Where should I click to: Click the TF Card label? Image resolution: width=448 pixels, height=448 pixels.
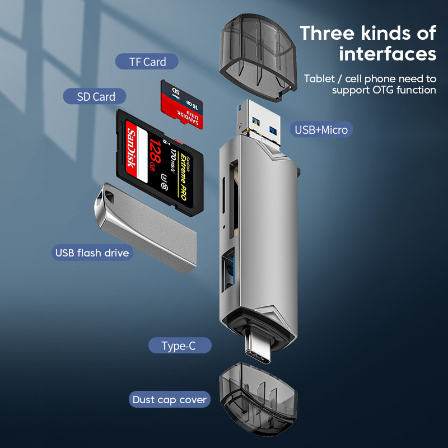(147, 62)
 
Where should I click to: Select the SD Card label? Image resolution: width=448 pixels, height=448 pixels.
(96, 96)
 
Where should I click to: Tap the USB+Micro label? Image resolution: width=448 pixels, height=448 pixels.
(321, 130)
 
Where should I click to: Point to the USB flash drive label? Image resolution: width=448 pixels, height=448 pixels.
(92, 253)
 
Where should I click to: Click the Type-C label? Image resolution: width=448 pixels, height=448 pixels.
(179, 346)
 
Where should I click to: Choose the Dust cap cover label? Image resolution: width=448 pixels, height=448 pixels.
(170, 400)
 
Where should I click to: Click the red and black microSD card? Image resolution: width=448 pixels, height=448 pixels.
(182, 105)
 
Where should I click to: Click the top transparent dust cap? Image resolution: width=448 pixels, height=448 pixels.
(258, 56)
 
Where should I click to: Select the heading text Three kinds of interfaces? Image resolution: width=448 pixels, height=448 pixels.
(368, 43)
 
